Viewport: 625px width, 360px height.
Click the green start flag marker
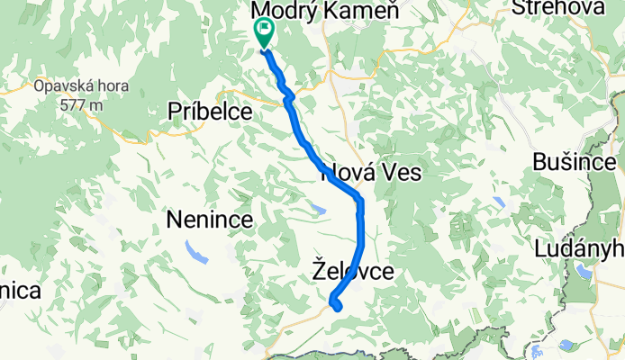[264, 32]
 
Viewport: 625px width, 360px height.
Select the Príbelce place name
[213, 111]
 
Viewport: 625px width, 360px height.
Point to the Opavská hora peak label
[81, 88]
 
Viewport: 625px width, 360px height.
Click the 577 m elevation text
[81, 104]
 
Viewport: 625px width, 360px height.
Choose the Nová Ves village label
[371, 172]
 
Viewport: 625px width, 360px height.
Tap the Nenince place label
[209, 219]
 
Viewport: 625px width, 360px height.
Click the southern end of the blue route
[339, 309]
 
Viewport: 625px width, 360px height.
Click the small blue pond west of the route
[317, 209]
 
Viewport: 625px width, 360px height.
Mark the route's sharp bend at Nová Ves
[359, 198]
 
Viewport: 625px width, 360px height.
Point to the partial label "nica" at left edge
[20, 291]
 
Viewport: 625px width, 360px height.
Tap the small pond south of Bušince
[499, 203]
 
